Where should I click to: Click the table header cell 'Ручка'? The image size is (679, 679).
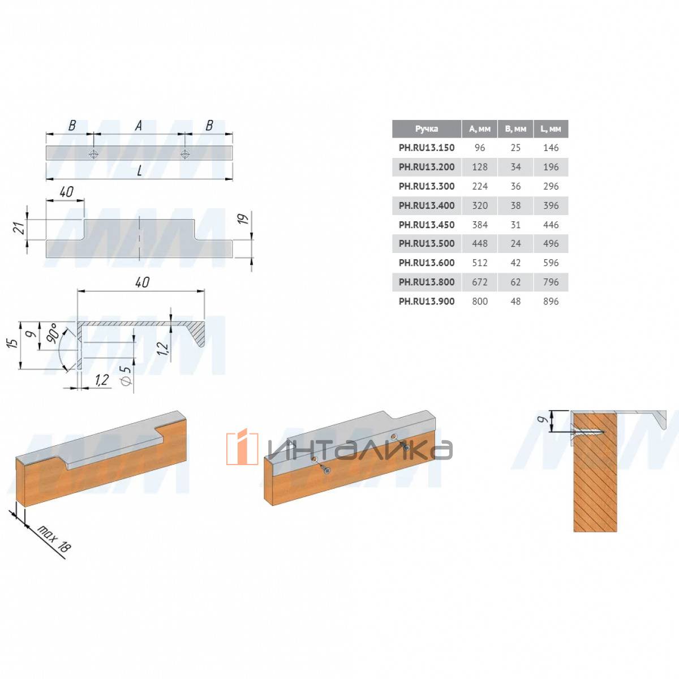click(x=427, y=129)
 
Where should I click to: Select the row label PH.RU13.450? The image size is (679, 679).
click(x=427, y=225)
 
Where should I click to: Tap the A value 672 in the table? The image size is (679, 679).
click(x=480, y=282)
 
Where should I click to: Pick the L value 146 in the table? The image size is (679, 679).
click(x=551, y=148)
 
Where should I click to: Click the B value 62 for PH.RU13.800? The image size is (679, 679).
click(x=515, y=282)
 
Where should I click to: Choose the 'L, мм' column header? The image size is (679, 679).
click(x=551, y=129)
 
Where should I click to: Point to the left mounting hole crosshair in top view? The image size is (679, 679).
click(x=93, y=154)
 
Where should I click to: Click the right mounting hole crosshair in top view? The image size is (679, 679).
click(x=184, y=154)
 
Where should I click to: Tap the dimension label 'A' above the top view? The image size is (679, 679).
click(x=139, y=126)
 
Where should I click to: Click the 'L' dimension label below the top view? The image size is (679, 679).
click(x=140, y=171)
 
